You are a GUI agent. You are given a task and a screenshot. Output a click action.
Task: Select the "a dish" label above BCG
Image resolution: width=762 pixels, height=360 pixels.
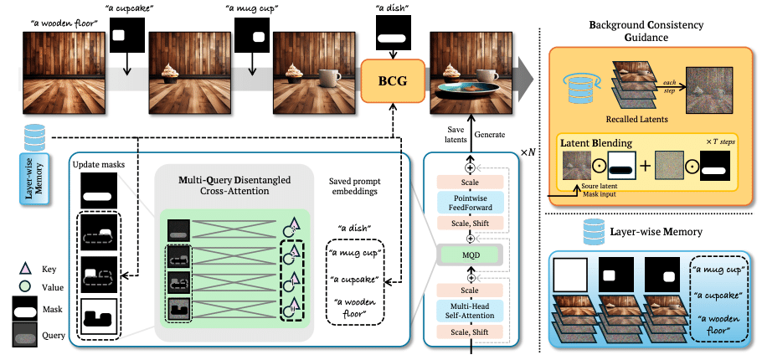(388, 10)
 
